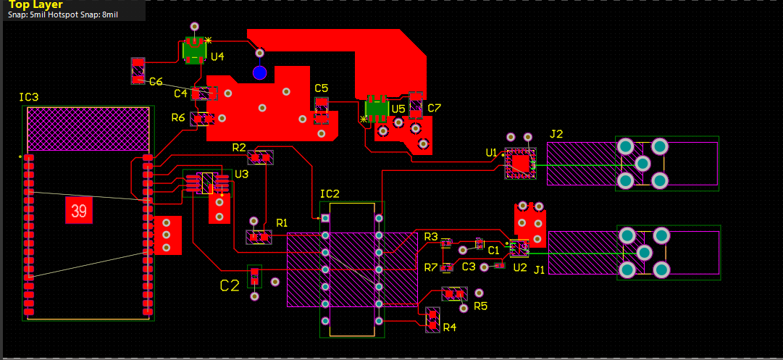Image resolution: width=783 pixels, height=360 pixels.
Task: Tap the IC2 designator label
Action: tap(330, 193)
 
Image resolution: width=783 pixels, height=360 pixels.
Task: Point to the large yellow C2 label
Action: tap(230, 285)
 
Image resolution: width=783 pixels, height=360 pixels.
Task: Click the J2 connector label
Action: tap(556, 134)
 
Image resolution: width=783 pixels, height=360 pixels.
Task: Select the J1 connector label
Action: tap(539, 269)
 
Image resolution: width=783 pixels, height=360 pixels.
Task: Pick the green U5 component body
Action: tap(377, 108)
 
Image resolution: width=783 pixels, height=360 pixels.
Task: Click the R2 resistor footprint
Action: tap(261, 156)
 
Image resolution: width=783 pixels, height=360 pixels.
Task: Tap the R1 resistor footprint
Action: tap(258, 236)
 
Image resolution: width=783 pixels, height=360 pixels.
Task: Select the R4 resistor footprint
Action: tap(432, 319)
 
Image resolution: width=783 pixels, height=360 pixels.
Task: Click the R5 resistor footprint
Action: tap(455, 294)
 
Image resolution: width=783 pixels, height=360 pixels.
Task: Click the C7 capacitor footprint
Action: tap(416, 105)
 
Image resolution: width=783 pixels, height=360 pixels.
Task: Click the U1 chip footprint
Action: tap(519, 162)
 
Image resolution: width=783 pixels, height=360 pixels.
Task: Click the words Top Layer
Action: tap(35, 4)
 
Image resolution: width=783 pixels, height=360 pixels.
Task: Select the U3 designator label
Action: tap(241, 174)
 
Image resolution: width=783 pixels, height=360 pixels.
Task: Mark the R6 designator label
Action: tap(178, 118)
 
